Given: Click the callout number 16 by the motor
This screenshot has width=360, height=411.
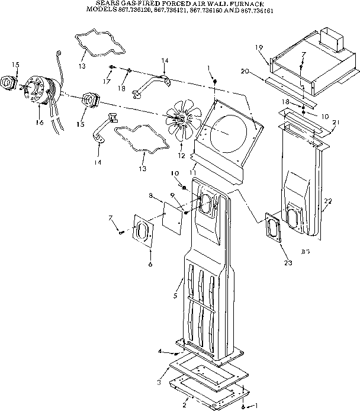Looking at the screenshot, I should [40, 122].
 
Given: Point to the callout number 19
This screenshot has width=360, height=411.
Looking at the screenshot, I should [259, 47].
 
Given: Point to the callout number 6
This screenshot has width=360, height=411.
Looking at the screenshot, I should [150, 264].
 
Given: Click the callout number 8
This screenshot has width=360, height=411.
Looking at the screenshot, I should [151, 194].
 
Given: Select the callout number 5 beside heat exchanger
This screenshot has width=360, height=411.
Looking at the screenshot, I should [175, 294].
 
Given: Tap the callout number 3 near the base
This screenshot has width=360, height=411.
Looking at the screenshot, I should [159, 383].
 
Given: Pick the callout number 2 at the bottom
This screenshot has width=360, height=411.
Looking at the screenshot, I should [184, 404].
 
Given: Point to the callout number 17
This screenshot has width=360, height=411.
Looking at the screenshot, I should [107, 81].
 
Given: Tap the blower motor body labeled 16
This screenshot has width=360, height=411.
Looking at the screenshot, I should [41, 89].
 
